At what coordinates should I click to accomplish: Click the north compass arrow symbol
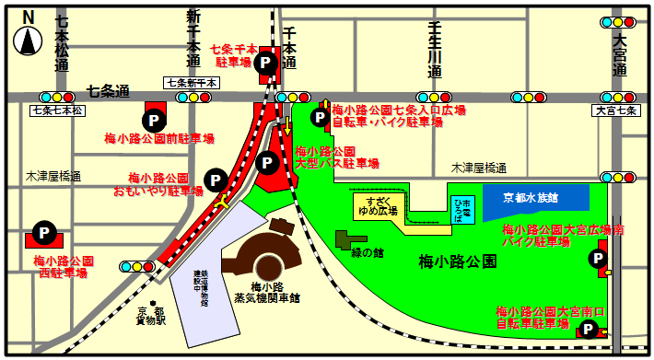coord(29,40)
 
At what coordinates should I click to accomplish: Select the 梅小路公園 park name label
coord(459,261)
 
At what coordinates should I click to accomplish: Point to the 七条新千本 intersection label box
coord(193,82)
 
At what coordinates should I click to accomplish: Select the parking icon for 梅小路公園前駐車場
coord(152,120)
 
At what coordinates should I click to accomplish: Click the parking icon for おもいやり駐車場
coord(216,179)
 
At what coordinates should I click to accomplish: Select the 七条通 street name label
coord(108,90)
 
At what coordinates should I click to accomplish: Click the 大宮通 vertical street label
coord(621,56)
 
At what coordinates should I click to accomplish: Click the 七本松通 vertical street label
coord(62,44)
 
